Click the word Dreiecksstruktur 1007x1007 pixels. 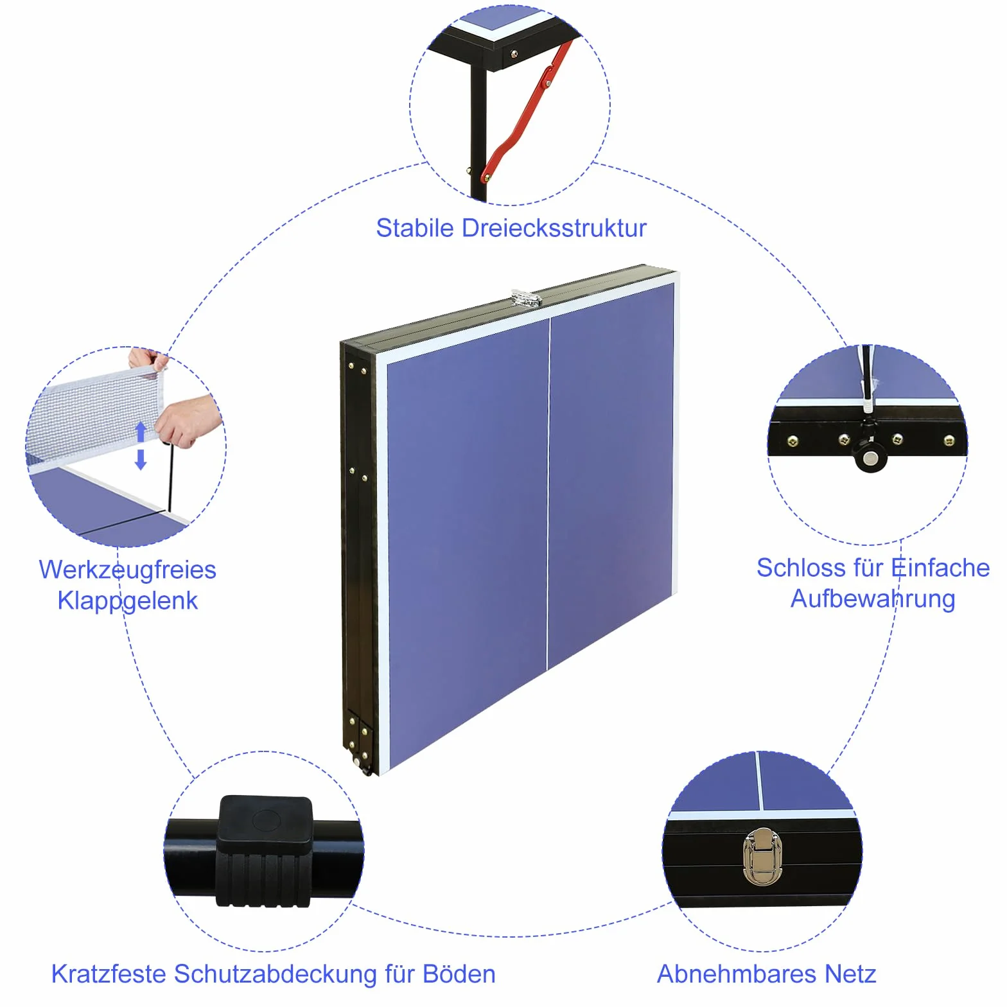pos(554,228)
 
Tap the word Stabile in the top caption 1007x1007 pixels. pos(415,228)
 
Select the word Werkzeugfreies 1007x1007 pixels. pos(127,570)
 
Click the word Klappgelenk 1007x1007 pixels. pos(127,600)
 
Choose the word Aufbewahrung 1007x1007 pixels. pos(873,599)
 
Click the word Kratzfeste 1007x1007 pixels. pos(109,974)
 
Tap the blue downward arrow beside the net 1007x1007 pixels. pos(141,459)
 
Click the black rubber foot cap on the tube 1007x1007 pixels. pos(265,851)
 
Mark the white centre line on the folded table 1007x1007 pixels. pos(548,493)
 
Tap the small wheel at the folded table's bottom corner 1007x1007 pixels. pos(366,768)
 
